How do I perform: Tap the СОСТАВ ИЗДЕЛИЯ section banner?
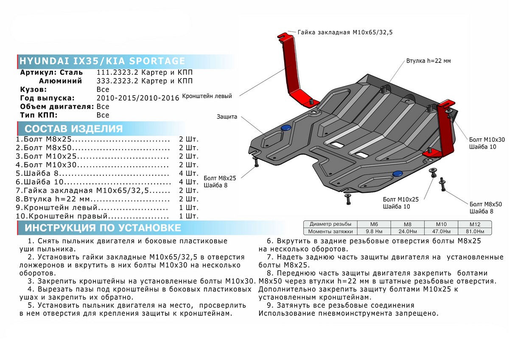point(74,129)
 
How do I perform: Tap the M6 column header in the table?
point(374,224)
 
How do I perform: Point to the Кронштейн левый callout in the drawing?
point(207,97)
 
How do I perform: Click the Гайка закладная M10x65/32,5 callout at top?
point(345,32)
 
